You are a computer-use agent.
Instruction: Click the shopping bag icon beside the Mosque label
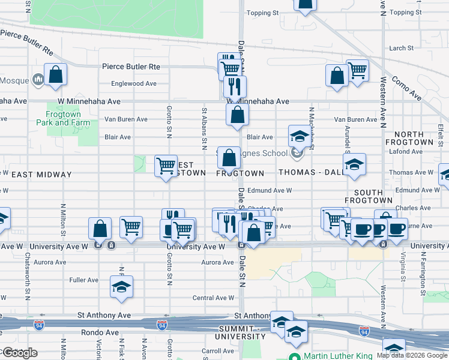(x=55, y=76)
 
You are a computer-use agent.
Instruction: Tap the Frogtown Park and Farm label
(x=68, y=118)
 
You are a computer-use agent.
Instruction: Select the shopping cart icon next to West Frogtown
(x=166, y=165)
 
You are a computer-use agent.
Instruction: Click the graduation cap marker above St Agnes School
(x=299, y=137)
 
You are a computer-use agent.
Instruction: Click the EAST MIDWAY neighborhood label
(x=41, y=175)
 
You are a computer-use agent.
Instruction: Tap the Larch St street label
(x=402, y=48)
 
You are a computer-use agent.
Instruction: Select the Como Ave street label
(x=406, y=86)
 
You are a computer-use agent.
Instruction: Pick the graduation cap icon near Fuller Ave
(x=121, y=287)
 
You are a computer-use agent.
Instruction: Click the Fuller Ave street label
(x=84, y=280)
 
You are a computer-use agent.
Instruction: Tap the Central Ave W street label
(x=213, y=298)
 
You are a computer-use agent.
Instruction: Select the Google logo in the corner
(x=20, y=353)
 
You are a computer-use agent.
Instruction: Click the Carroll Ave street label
(x=217, y=351)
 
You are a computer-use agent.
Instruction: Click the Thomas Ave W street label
(x=411, y=172)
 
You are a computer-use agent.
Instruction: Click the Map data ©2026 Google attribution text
(x=412, y=355)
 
